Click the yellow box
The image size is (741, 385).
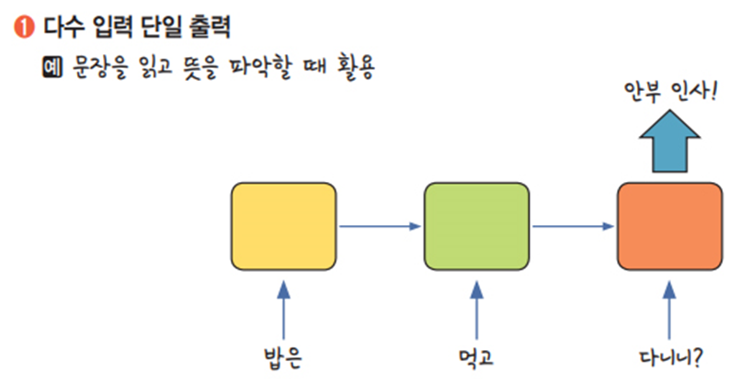pos(284,224)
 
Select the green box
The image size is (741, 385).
pos(476,224)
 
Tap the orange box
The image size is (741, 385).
pos(668,224)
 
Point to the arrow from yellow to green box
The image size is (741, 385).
pos(380,225)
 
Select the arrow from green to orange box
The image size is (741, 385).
pos(572,225)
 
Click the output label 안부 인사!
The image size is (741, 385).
pos(668,92)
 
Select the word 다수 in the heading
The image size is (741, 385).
pos(62,28)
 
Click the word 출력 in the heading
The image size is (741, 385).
pos(212,28)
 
